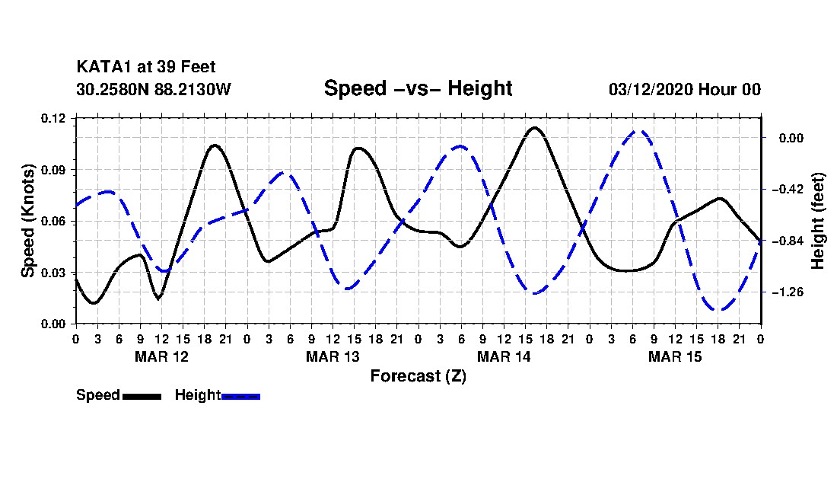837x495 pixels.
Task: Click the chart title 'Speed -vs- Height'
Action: (418, 88)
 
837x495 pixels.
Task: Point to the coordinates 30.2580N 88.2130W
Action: (154, 89)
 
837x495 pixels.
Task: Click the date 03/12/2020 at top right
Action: (651, 89)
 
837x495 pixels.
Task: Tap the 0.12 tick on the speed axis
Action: (53, 118)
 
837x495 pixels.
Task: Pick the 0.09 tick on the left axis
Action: (53, 170)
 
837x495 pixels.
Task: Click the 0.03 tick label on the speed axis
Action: (53, 273)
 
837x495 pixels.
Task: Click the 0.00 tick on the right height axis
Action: (791, 139)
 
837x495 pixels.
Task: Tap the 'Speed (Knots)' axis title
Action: (27, 221)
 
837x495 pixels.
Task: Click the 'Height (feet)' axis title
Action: (817, 221)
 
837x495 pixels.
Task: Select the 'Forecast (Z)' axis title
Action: (418, 376)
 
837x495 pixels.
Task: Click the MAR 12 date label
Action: (162, 356)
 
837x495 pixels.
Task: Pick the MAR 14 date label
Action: (504, 356)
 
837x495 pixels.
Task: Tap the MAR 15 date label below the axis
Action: (675, 356)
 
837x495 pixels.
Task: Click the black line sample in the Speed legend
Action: (142, 396)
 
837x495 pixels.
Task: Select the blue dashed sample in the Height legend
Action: (240, 396)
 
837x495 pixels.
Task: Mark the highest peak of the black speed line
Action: (534, 128)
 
